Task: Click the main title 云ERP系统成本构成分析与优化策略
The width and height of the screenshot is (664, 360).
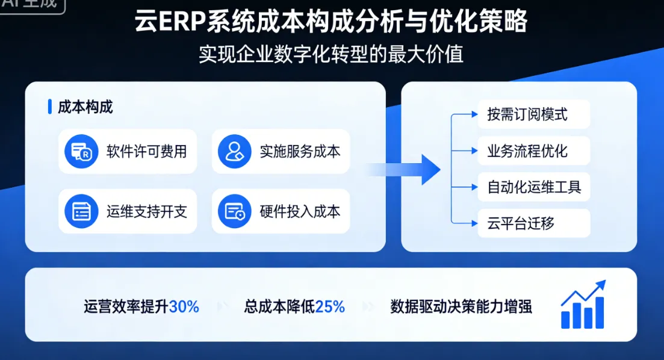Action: [x=331, y=22]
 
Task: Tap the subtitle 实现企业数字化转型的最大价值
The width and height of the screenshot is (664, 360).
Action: [x=331, y=55]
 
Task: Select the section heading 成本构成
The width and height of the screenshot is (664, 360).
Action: [x=85, y=107]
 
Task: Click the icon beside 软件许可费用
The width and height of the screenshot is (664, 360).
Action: [x=81, y=152]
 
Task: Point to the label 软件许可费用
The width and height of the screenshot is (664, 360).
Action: [x=147, y=152]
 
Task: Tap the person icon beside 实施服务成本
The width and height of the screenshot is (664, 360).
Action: [x=234, y=152]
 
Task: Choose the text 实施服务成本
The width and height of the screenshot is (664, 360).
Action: [x=300, y=152]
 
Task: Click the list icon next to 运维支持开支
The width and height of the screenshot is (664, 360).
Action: [x=81, y=211]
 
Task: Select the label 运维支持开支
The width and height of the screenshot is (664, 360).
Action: [x=147, y=211]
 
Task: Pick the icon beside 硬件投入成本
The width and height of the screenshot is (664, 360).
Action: [x=234, y=211]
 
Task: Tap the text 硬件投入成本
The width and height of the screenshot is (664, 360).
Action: [x=300, y=211]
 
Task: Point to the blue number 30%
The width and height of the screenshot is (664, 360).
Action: [x=184, y=307]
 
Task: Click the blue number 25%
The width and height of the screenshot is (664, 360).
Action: [x=330, y=307]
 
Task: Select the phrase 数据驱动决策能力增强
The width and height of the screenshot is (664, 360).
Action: [x=461, y=307]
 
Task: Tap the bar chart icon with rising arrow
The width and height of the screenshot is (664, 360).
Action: [x=583, y=305]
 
